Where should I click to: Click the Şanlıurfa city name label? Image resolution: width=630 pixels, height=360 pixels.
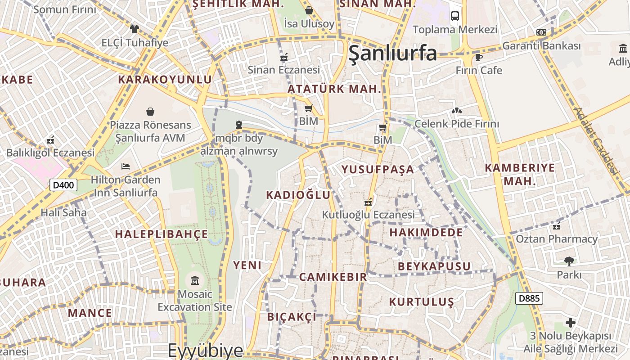[x=392, y=53]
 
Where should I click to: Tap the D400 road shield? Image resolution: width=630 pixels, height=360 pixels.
[x=63, y=185]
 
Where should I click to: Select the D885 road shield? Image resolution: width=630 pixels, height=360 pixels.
[x=529, y=298]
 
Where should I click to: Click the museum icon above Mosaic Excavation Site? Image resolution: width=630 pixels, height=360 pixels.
[x=195, y=281]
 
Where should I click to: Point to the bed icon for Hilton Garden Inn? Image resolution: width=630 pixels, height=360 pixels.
[x=126, y=166]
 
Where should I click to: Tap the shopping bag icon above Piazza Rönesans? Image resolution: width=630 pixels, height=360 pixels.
[x=150, y=111]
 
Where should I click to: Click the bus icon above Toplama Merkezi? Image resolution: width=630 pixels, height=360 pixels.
[x=455, y=16]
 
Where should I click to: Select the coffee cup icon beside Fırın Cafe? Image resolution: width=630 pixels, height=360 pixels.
[x=478, y=57]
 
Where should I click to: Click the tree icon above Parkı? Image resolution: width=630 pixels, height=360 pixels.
[x=569, y=261]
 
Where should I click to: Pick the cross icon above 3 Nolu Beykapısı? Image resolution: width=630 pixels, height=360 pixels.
[x=571, y=323]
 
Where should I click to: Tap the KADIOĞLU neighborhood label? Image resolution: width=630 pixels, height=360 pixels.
[x=298, y=195]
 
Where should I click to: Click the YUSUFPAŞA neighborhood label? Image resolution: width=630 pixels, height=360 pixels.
[x=378, y=170]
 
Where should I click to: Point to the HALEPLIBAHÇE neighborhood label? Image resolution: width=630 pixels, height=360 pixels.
[x=162, y=234]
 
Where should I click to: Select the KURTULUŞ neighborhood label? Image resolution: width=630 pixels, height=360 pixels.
[x=422, y=301]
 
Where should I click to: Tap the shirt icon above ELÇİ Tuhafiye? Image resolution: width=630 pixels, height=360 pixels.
[x=135, y=29]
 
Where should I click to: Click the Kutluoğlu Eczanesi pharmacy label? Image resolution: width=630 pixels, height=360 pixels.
[x=368, y=215]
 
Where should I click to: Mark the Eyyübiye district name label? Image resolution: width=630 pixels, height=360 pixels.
[x=206, y=350]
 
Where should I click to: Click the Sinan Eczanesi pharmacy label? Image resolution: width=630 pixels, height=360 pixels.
[x=284, y=70]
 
